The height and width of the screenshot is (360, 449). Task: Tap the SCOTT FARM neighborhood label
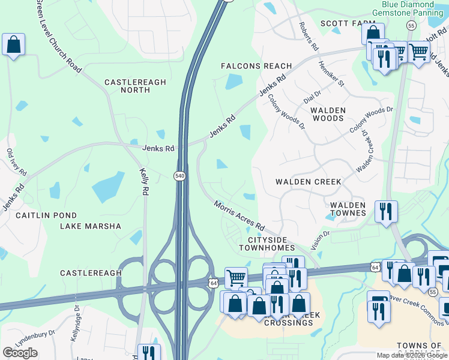[339, 23]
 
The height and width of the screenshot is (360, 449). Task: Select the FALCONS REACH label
[256, 66]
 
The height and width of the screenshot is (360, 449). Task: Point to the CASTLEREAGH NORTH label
[127, 86]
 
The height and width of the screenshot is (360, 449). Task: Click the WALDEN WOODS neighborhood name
[328, 114]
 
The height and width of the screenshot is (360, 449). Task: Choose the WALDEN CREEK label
[308, 181]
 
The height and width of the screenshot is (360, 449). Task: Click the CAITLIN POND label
[46, 215]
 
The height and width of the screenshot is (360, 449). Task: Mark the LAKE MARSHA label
[90, 226]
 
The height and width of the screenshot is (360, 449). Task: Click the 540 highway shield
[179, 175]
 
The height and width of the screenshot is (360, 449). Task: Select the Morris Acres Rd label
[240, 215]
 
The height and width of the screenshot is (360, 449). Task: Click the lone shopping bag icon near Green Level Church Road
[13, 44]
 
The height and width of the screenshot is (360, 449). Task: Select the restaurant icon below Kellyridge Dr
[148, 353]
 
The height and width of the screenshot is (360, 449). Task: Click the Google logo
[20, 353]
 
